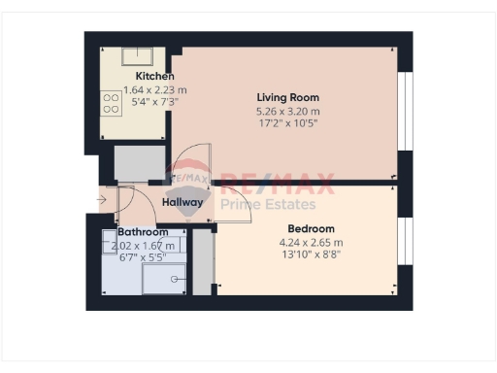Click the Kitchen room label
[x=155, y=77]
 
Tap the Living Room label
[x=287, y=98]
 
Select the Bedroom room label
[x=311, y=229]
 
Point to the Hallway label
[x=182, y=203]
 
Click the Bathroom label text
[x=143, y=233]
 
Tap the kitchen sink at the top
[x=142, y=56]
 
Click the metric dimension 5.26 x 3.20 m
[x=287, y=111]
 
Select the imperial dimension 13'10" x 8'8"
[x=311, y=254]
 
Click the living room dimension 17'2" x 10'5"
[x=287, y=123]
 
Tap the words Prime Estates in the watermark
[x=268, y=204]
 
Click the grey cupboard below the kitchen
[x=138, y=164]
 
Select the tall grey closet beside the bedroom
[x=203, y=260]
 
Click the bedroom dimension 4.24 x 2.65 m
[x=311, y=242]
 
